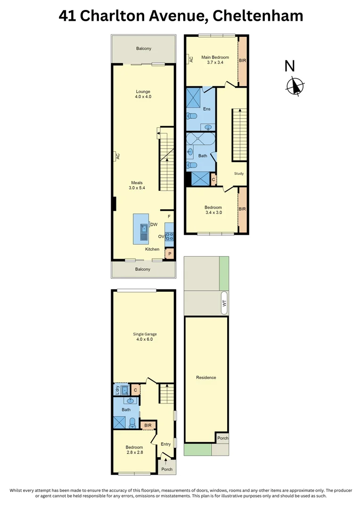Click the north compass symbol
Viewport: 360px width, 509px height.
[x=295, y=86]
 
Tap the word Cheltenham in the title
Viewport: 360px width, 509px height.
[x=258, y=16]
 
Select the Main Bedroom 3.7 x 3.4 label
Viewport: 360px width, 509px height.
[x=212, y=60]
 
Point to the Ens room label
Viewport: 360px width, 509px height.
[x=206, y=109]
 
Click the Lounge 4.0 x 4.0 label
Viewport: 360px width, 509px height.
[x=143, y=94]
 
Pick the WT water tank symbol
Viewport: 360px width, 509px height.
[x=224, y=304]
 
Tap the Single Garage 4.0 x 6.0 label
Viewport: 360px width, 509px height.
[x=144, y=337]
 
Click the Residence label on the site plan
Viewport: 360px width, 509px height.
[x=206, y=378]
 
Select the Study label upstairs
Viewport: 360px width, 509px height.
[x=239, y=173]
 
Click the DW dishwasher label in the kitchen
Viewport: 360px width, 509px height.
[x=154, y=225]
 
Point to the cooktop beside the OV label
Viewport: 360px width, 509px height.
[x=170, y=236]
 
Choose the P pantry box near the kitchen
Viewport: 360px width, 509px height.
[x=170, y=254]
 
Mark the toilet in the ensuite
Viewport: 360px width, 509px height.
[x=192, y=116]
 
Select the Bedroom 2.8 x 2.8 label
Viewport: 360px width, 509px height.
[x=134, y=450]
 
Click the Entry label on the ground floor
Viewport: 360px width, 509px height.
[x=165, y=444]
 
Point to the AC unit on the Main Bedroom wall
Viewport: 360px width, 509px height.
[x=191, y=59]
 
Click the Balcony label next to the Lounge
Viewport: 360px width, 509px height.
[x=144, y=49]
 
